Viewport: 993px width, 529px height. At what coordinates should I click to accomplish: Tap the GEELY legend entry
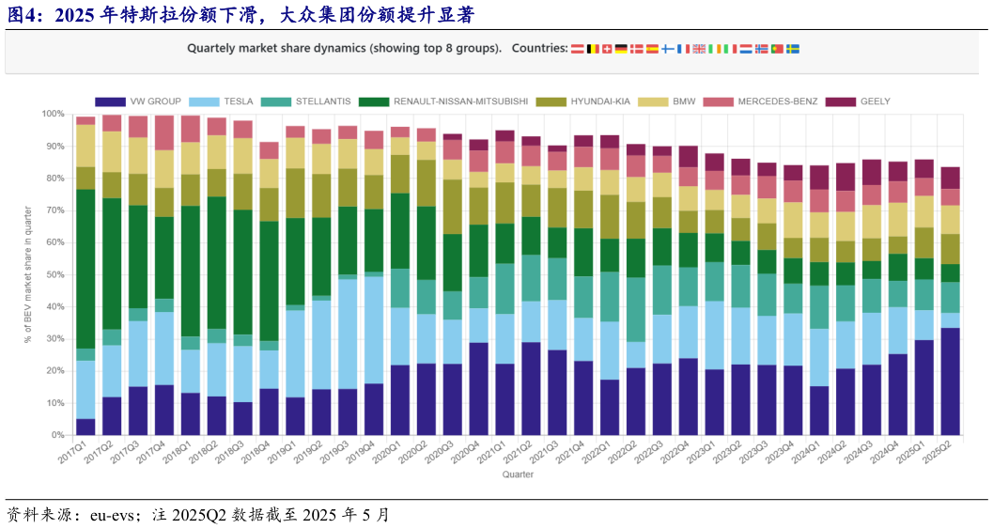pyautogui.click(x=875, y=101)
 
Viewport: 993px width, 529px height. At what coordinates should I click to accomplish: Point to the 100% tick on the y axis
pyautogui.click(x=53, y=114)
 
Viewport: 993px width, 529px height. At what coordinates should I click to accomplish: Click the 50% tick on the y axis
pyautogui.click(x=54, y=274)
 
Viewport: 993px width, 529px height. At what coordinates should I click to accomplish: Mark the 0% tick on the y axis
pyautogui.click(x=57, y=435)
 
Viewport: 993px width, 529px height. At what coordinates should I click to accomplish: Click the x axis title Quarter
pyautogui.click(x=518, y=475)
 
